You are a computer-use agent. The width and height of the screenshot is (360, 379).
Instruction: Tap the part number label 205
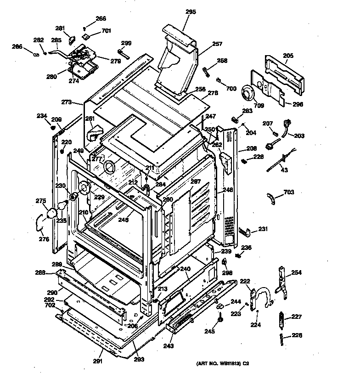pyautogui.click(x=288, y=56)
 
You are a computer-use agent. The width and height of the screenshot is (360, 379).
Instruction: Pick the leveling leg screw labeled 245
pyautogui.click(x=221, y=318)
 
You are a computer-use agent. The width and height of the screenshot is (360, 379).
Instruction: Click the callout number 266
pyautogui.click(x=101, y=19)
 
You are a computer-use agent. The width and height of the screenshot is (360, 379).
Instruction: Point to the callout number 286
pyautogui.click(x=17, y=47)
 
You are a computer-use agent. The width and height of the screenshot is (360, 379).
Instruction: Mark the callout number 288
pyautogui.click(x=41, y=272)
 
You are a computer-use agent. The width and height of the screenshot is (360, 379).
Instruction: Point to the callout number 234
pyautogui.click(x=42, y=115)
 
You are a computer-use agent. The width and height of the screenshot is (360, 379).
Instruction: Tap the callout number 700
pyautogui.click(x=231, y=88)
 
